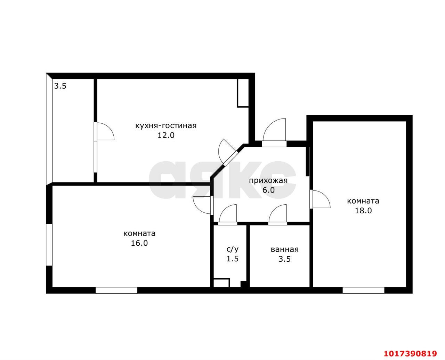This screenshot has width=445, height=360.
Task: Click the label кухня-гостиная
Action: [x=166, y=126]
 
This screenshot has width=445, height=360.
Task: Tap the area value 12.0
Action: [x=166, y=135]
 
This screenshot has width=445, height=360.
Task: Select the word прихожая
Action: [x=268, y=181]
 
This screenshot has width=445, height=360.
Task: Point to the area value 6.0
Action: [x=268, y=190]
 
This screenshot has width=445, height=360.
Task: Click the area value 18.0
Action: [x=363, y=211]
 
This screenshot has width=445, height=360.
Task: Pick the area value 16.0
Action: [x=139, y=243]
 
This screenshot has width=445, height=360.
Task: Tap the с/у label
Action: [x=233, y=249]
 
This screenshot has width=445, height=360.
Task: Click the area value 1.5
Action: [x=233, y=259]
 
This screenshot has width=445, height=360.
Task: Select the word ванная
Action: [x=284, y=249]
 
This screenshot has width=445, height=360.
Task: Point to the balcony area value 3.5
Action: [x=60, y=86]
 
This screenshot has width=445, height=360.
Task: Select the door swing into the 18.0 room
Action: [x=320, y=199]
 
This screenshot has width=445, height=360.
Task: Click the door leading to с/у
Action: [x=227, y=213]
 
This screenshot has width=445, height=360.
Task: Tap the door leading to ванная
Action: [x=277, y=213]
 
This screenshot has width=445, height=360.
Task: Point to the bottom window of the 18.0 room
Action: [x=363, y=290]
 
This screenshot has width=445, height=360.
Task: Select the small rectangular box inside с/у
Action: [x=221, y=283]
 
